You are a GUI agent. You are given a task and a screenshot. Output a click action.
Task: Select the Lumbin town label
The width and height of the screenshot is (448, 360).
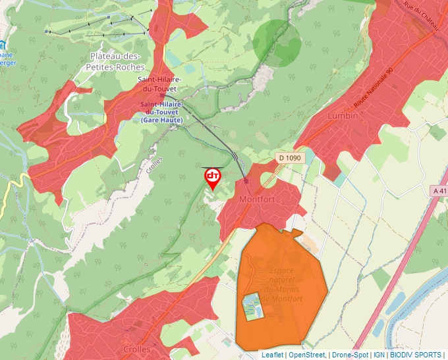coord(343,116)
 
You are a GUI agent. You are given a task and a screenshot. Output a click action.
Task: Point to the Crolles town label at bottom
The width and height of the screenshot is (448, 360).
coord(136,349)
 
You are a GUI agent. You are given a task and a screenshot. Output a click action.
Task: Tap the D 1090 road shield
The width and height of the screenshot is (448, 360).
coord(289,157)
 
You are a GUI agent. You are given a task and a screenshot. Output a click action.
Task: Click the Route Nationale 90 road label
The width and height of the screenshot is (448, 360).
coord(373,88)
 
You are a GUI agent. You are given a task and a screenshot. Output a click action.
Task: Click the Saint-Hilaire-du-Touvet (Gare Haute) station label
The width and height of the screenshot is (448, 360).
coord(161,112)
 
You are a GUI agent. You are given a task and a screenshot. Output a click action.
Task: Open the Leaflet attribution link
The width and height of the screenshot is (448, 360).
coord(272,355)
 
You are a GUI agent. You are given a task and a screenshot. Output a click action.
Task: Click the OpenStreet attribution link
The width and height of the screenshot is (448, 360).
coord(307,355)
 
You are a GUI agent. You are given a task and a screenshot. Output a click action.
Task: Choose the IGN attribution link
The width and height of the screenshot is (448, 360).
coord(379,355)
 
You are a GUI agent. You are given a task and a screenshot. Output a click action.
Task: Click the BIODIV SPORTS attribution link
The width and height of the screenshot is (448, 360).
coord(416,355)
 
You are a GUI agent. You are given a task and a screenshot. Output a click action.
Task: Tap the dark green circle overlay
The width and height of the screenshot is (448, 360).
coord(277,43)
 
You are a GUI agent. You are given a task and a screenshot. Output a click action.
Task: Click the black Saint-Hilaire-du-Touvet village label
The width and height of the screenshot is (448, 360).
coord(159,84)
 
